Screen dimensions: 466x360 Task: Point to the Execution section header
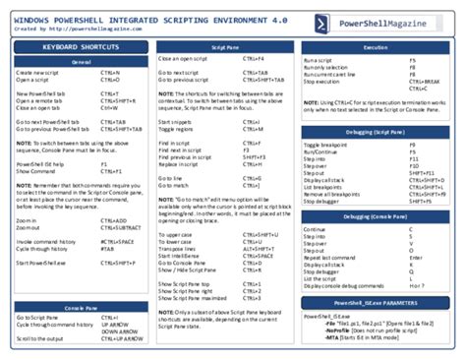click(375, 46)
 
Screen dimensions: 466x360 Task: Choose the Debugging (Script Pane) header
click(375, 131)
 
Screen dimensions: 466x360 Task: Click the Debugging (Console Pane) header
click(375, 216)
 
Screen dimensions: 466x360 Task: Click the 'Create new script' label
click(37, 73)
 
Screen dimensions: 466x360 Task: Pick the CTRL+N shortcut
click(110, 73)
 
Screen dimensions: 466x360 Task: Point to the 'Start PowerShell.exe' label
click(41, 263)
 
